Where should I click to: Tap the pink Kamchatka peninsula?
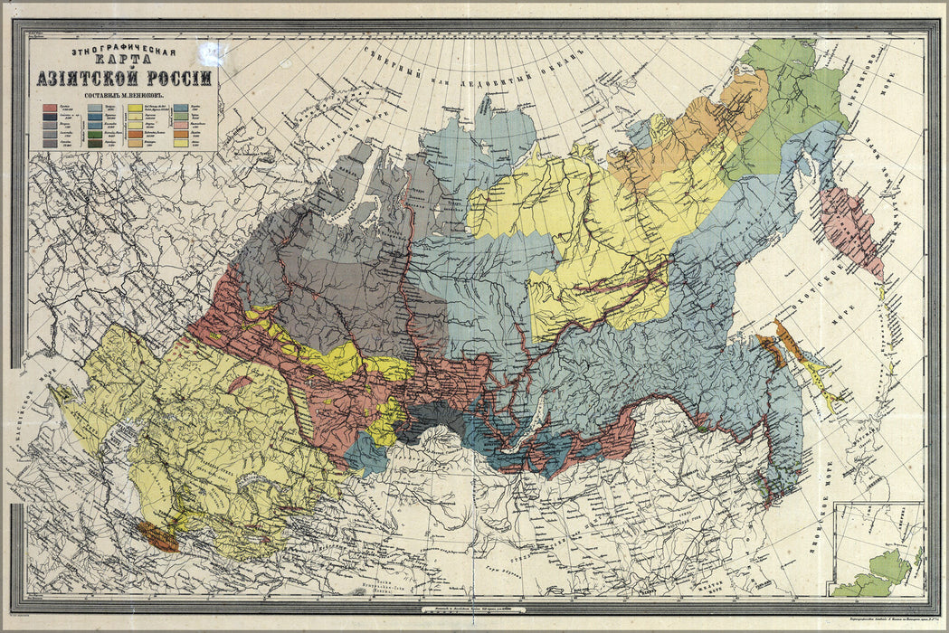coord(851,226)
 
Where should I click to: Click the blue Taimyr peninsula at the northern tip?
coord(507,136)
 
